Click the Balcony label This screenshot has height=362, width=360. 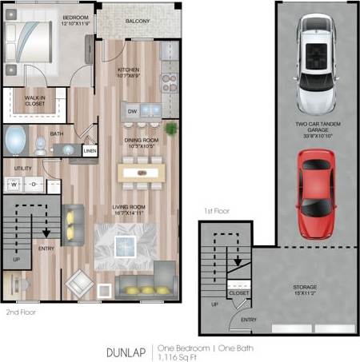point(137,21)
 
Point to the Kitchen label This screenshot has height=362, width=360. point(129,72)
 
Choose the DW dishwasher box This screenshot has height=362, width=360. point(133,111)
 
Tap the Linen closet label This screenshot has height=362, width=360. point(90,150)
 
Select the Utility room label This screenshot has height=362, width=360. point(22,169)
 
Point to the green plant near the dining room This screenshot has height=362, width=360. point(170,128)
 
